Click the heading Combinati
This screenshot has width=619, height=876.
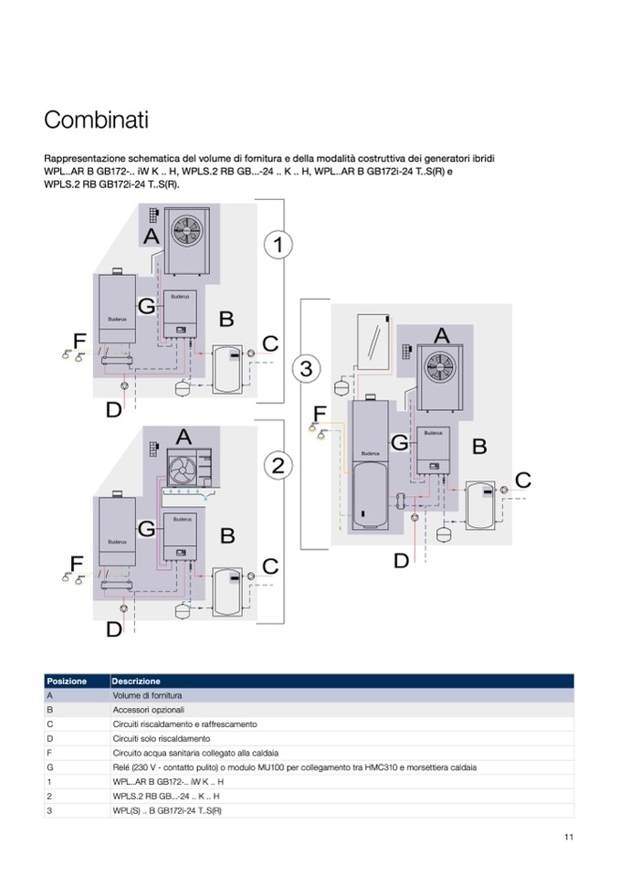(x=96, y=121)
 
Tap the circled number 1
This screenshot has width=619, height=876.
(x=278, y=244)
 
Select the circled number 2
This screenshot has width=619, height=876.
(x=278, y=464)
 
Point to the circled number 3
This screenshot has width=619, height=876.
(x=306, y=369)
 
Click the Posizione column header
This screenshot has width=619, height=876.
(x=68, y=681)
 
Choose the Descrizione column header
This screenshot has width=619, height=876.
(x=136, y=681)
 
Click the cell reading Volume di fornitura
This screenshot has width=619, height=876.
(x=149, y=695)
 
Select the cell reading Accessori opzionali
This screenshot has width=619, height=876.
(x=149, y=710)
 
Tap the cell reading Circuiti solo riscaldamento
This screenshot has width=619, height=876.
(x=162, y=738)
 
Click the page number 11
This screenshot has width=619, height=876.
(x=568, y=837)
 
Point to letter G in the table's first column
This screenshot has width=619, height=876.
(x=49, y=767)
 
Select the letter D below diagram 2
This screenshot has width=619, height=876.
(x=113, y=628)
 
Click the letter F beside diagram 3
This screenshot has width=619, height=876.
(x=319, y=415)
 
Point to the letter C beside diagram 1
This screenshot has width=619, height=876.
(x=269, y=344)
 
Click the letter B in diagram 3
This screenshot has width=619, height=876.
(x=478, y=447)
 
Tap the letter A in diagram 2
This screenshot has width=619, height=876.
(x=184, y=438)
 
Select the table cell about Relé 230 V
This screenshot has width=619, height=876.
(x=294, y=767)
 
